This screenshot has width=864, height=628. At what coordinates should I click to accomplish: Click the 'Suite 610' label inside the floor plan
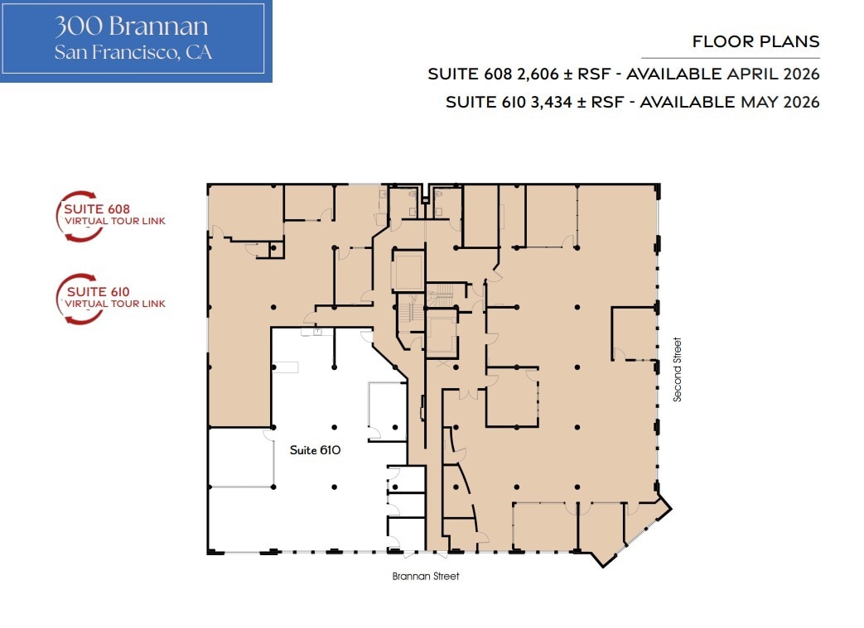pyautogui.click(x=316, y=451)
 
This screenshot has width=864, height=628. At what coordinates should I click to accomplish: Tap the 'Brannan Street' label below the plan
pyautogui.click(x=426, y=577)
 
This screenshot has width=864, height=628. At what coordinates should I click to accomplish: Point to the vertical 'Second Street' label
pyautogui.click(x=678, y=369)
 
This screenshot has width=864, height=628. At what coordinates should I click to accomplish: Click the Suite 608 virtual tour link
pyautogui.click(x=115, y=215)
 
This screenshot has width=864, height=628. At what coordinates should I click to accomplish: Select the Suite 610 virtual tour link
pyautogui.click(x=115, y=298)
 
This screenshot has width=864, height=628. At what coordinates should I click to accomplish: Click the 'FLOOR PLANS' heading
pyautogui.click(x=755, y=41)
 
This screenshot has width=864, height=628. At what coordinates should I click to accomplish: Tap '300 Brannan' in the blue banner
pyautogui.click(x=132, y=26)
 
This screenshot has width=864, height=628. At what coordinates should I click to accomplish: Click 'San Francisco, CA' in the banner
pyautogui.click(x=133, y=52)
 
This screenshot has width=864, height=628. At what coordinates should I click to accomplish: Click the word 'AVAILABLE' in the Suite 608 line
pyautogui.click(x=673, y=74)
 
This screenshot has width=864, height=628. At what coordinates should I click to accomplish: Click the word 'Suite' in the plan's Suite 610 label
pyautogui.click(x=302, y=451)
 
